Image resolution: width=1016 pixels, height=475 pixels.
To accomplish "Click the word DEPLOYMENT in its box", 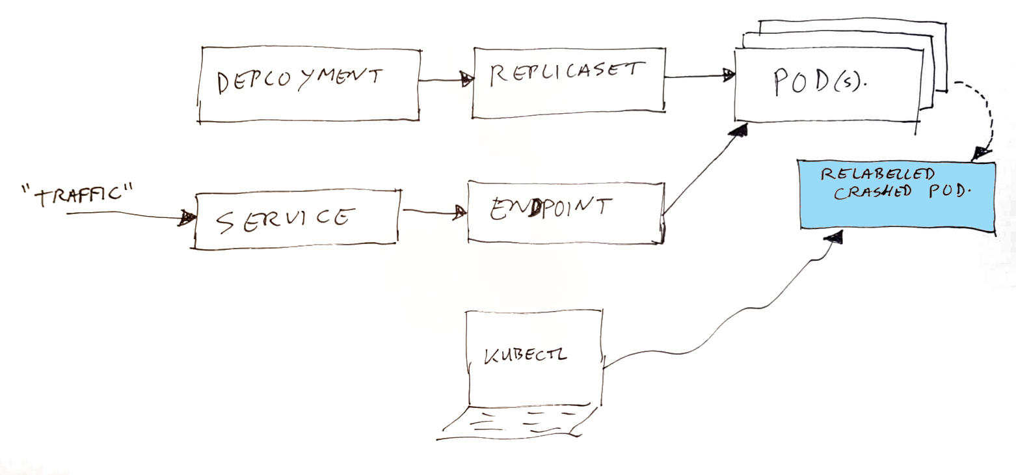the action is pos(300,80).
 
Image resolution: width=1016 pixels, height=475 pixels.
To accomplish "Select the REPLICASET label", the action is pos(567,74).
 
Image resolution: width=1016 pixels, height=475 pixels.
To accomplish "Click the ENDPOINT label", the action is pos(550,208).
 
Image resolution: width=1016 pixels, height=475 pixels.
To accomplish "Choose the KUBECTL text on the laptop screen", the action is pos(525,355).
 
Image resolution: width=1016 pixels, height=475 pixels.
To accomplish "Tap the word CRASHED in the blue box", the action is pos(873,193).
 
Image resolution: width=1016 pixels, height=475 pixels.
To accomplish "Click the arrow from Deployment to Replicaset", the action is pos(446,81).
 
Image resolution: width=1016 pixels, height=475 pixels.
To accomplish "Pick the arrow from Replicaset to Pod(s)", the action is pos(700,75).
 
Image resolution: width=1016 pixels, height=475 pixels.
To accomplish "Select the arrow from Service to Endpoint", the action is pos(434,211).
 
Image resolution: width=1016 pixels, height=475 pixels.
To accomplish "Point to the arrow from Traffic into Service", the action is pos(131,215).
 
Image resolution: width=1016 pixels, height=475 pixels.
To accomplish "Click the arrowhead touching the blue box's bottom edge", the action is pos(834,237).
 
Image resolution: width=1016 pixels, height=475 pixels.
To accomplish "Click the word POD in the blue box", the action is pos(946,191).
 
